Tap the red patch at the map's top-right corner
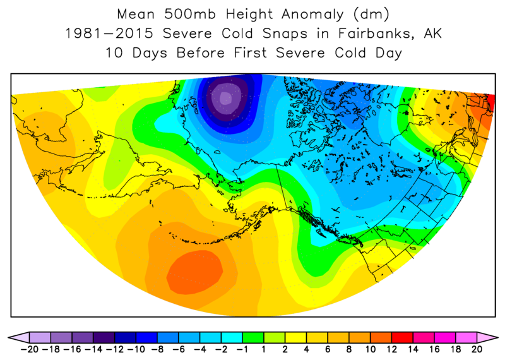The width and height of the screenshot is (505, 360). [490, 99]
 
